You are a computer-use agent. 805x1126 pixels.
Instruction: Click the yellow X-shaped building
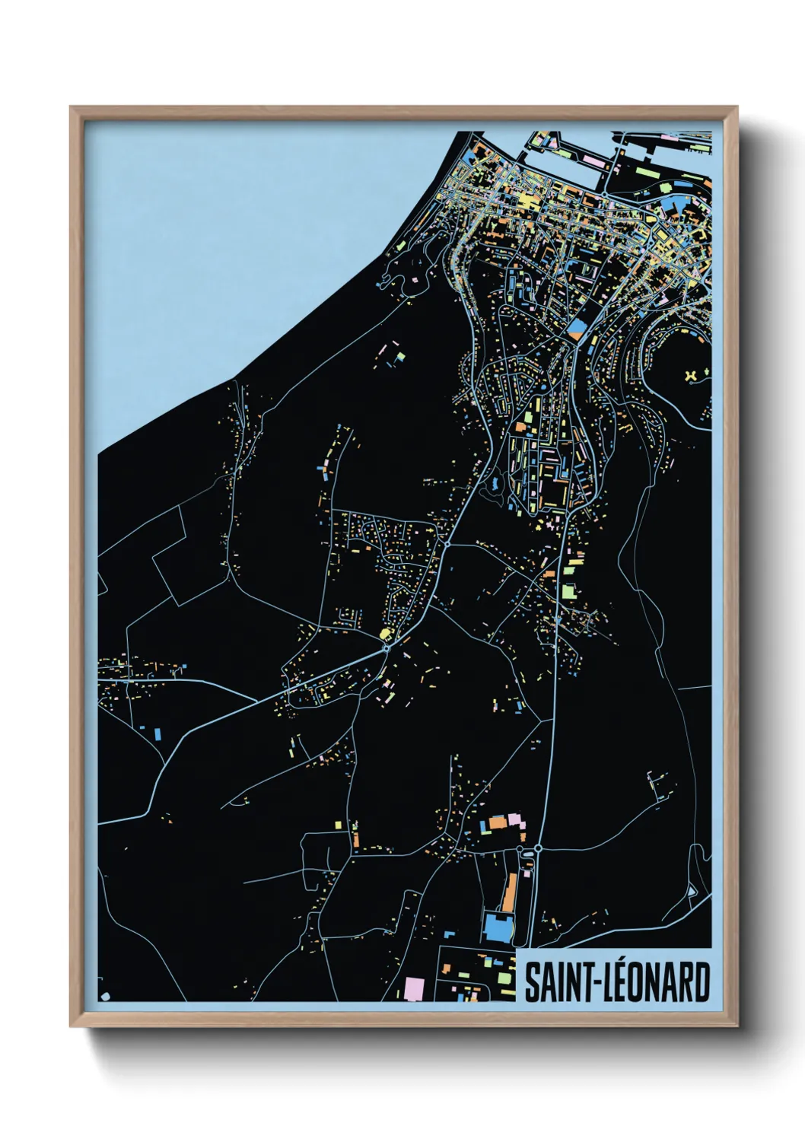point(692,375)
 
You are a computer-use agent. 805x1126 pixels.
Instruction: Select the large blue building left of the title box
point(498,927)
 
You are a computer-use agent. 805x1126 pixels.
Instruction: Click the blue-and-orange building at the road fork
point(577,329)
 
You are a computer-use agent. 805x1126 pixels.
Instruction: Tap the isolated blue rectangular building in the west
point(158,733)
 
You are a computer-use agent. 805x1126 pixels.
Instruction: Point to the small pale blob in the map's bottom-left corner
point(104,995)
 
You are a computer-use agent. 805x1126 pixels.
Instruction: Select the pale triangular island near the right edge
point(692,890)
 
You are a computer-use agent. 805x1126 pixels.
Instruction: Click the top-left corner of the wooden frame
point(72,108)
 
